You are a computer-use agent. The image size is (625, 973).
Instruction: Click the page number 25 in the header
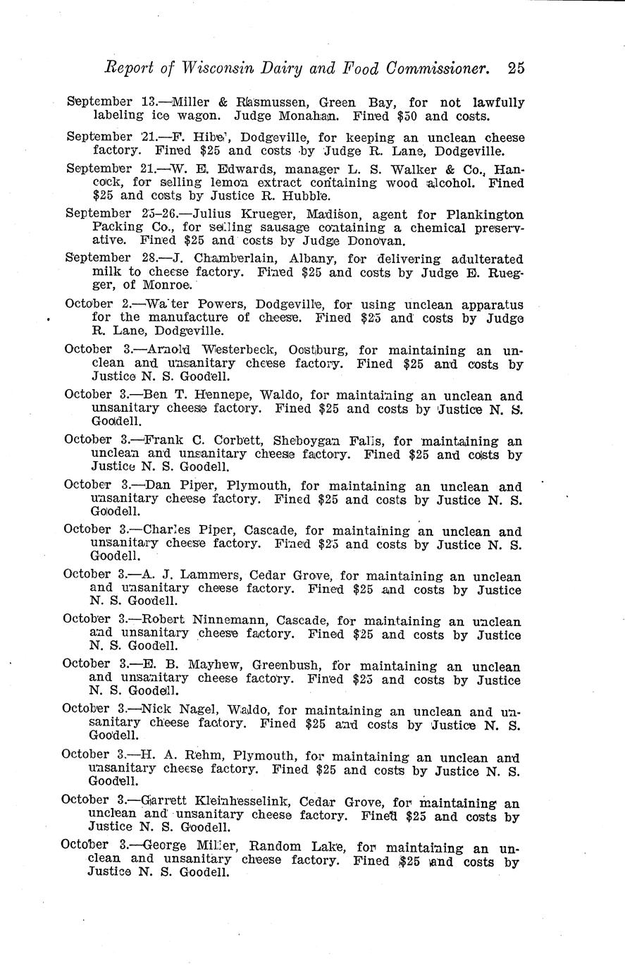pyautogui.click(x=515, y=69)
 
